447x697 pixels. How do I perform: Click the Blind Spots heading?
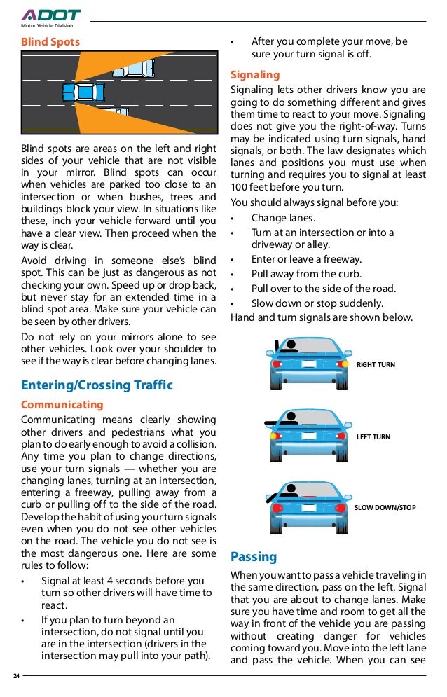coord(50,42)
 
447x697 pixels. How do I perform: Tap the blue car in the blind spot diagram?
coord(83,92)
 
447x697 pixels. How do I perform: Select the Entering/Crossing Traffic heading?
coord(97,385)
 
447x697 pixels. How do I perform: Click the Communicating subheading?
coord(62,405)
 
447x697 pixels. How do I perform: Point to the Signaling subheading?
coord(255,75)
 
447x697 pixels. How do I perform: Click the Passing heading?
coord(254,558)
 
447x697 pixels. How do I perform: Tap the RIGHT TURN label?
coord(376,365)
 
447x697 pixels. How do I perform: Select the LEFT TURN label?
coord(373,437)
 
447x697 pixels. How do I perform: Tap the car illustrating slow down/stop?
coord(310,500)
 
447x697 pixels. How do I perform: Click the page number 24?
coord(16,676)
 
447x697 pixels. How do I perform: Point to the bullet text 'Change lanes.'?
coord(283,218)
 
